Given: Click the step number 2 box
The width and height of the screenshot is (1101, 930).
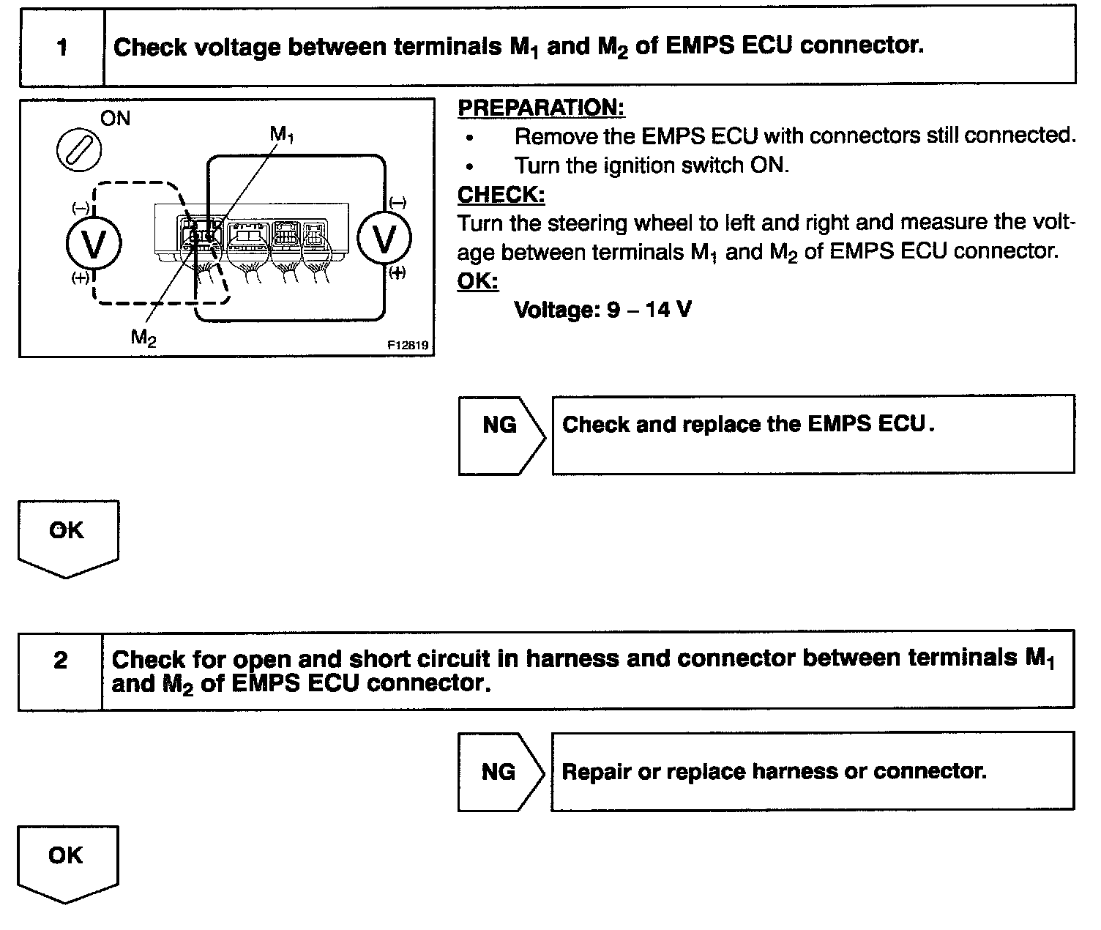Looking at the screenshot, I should [x=61, y=661].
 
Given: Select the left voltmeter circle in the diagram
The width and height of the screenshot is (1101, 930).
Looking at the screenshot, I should [x=94, y=243].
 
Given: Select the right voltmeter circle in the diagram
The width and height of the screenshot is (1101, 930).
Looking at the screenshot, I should [x=384, y=238].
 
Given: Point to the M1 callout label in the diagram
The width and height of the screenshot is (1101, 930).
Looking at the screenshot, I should [x=282, y=134].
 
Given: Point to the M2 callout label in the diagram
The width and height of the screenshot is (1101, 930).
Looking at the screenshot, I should [x=143, y=337].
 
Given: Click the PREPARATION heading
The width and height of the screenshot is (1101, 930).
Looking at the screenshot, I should [x=541, y=108].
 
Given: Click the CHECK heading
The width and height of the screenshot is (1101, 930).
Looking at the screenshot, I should [x=501, y=195].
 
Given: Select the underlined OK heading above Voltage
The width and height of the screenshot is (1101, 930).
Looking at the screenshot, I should [x=477, y=281].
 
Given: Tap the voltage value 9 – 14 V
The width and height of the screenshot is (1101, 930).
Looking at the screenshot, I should [x=602, y=310].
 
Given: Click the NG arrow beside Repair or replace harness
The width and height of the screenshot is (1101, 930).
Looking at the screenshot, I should [x=499, y=772].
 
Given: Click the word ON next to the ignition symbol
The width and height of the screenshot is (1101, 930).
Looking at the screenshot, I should [x=115, y=119].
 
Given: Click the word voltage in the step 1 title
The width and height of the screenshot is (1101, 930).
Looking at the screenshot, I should [x=238, y=47].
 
